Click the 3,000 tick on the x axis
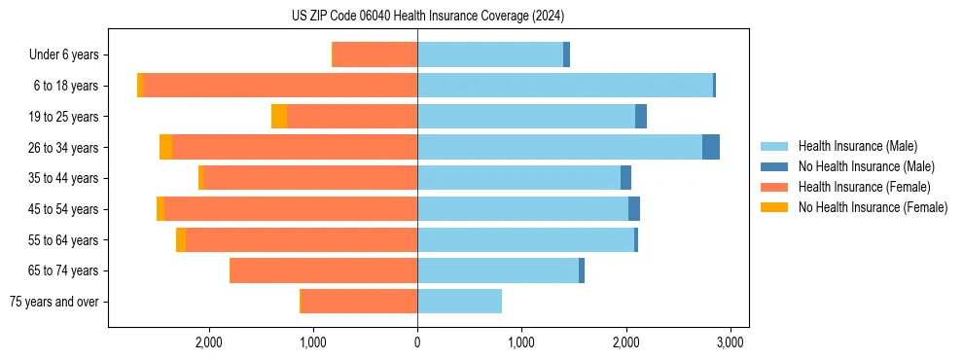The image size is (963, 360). [x=730, y=342]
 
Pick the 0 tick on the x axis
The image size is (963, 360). [x=417, y=342]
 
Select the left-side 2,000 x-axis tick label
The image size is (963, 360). [x=209, y=342]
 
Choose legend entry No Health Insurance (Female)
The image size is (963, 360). [x=873, y=207]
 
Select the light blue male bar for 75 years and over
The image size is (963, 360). [x=459, y=302]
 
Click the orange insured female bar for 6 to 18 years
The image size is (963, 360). [x=280, y=86]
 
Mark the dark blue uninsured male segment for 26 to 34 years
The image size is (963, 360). [x=711, y=147]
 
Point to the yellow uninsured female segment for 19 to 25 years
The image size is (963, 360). [x=279, y=117]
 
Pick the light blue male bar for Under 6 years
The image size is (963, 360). [x=490, y=55]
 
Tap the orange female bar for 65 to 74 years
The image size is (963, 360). [x=324, y=270]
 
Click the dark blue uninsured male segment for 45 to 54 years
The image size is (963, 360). [x=634, y=209]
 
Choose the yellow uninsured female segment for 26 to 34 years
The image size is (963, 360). [x=165, y=147]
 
